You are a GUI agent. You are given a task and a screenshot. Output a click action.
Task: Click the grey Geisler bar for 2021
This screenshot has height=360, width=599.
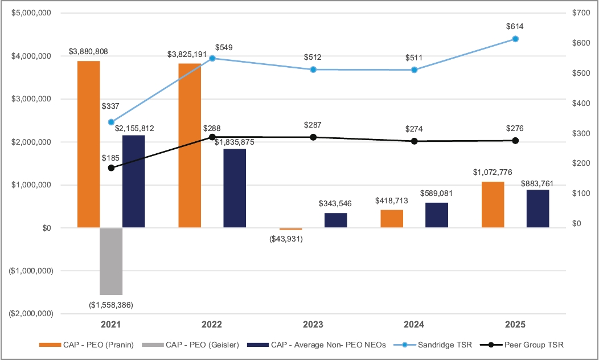point(111,261)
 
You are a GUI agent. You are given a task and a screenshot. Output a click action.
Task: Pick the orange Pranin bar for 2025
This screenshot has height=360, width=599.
point(493,204)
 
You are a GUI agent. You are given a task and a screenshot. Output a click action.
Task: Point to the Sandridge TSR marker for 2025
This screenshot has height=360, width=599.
point(515,39)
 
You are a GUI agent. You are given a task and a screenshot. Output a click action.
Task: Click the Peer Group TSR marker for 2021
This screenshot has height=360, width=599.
point(111,168)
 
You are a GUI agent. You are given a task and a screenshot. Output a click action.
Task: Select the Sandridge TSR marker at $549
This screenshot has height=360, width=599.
point(212,58)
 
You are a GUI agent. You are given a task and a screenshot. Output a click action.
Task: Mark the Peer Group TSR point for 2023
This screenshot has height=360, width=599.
point(313,137)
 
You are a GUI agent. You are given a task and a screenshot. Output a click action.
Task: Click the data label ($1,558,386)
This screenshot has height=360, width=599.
point(111,305)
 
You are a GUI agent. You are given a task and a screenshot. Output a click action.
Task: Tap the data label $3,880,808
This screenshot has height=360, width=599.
point(88,52)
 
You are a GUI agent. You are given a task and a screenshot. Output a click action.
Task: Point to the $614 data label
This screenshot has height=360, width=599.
point(515,26)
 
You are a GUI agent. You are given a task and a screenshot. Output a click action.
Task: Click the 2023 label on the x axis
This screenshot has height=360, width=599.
point(313,324)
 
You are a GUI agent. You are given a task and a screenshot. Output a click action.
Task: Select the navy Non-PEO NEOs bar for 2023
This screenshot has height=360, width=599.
point(336,220)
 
